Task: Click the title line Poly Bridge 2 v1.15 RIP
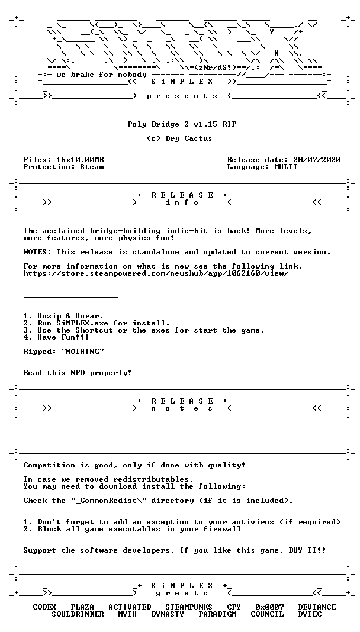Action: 181,124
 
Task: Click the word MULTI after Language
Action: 285,167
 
